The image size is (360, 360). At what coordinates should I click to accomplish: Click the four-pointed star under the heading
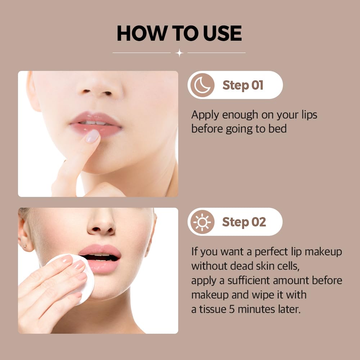pyautogui.click(x=179, y=53)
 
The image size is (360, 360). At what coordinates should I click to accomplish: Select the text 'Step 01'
pyautogui.click(x=243, y=85)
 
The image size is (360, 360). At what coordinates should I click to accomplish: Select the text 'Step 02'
pyautogui.click(x=244, y=222)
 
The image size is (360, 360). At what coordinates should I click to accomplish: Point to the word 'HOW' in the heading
pyautogui.click(x=139, y=33)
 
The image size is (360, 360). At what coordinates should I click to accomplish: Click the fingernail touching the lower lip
pyautogui.click(x=93, y=136)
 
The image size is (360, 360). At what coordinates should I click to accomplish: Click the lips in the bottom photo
pyautogui.click(x=100, y=258)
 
